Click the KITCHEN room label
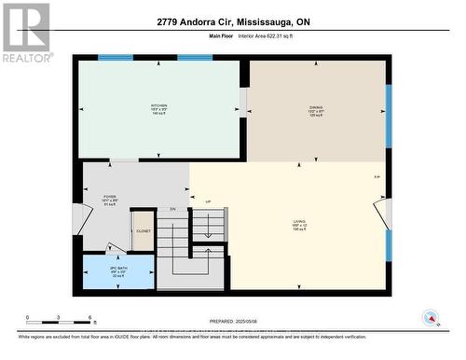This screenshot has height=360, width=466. pyautogui.click(x=159, y=106)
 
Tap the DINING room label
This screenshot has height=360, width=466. pyautogui.click(x=316, y=107)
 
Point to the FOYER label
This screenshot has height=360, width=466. pyautogui.click(x=110, y=197)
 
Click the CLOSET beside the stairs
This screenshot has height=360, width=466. pyautogui.click(x=143, y=229)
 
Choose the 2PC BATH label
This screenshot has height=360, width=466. pyautogui.click(x=104, y=270)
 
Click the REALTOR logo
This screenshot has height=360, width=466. pyautogui.click(x=25, y=33)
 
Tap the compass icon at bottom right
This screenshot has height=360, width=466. pyautogui.click(x=431, y=318)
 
